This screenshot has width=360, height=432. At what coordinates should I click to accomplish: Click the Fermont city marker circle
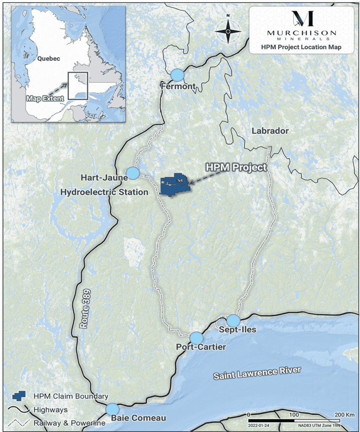[x=178, y=75]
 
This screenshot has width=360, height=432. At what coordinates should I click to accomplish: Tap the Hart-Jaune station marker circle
[x=133, y=173]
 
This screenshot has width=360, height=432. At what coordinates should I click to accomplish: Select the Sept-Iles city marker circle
[x=233, y=320]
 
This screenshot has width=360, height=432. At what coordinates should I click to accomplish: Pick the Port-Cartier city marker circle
[x=196, y=338]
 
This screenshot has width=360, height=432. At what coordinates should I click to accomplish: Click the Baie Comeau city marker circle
[x=112, y=409]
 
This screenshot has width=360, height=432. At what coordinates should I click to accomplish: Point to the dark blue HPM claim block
[x=174, y=186]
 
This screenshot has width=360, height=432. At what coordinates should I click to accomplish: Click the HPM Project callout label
[x=236, y=167]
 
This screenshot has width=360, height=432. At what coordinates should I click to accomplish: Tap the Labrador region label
[x=270, y=131]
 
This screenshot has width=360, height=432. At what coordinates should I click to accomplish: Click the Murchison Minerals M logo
[x=302, y=19]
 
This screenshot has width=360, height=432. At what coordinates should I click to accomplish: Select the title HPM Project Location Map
[x=301, y=47]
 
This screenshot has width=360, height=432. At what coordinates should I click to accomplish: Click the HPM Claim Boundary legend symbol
[x=18, y=397]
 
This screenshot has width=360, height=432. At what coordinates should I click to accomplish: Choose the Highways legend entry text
[x=50, y=410]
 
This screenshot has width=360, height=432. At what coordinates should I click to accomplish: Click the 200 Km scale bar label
[x=344, y=415]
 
